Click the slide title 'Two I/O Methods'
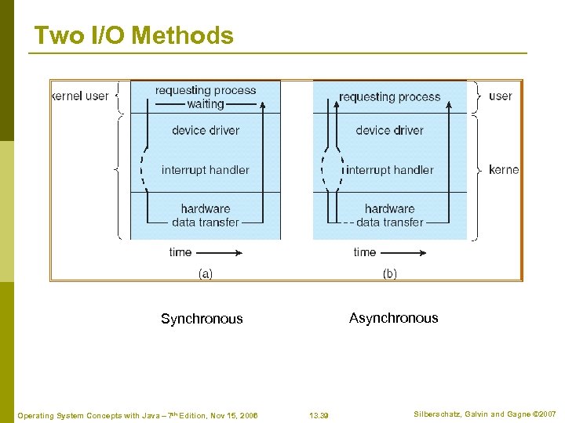click(x=133, y=36)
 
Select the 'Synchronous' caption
click(x=202, y=319)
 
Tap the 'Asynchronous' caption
click(x=393, y=318)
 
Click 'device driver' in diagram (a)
click(x=206, y=130)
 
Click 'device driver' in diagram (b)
click(x=389, y=130)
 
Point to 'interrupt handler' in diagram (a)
click(x=206, y=170)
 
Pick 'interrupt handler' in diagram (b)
click(x=390, y=170)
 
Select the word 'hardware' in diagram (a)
click(x=206, y=208)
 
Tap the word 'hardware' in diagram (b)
click(x=389, y=208)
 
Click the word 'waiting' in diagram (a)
click(x=206, y=103)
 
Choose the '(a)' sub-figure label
click(x=205, y=273)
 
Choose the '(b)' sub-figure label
click(x=389, y=273)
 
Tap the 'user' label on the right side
click(x=500, y=96)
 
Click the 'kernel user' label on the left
click(x=80, y=96)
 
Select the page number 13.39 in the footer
click(x=319, y=415)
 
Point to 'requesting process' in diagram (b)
click(x=390, y=97)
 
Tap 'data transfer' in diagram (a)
click(x=206, y=222)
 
